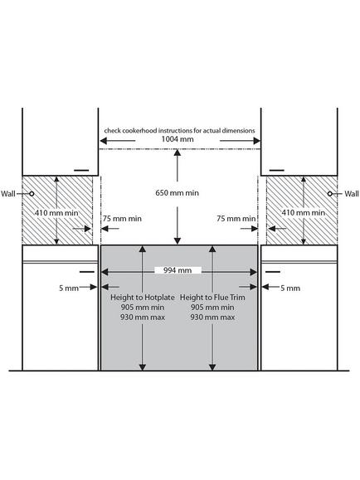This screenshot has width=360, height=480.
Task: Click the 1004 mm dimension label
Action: (x=178, y=139)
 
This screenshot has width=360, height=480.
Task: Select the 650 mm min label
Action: (x=177, y=193)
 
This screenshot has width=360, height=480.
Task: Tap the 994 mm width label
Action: (x=178, y=270)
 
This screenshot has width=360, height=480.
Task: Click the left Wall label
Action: (x=8, y=194)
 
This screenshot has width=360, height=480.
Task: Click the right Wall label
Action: (x=352, y=194)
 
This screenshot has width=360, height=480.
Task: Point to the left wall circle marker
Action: (x=32, y=194)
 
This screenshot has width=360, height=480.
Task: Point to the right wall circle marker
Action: (x=330, y=194)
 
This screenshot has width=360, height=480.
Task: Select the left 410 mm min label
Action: (x=56, y=213)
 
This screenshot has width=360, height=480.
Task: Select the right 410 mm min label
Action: (x=304, y=212)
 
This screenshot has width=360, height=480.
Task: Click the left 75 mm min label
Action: (x=122, y=219)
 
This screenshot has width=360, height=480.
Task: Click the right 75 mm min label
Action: (x=236, y=219)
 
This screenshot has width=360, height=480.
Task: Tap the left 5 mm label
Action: (x=69, y=288)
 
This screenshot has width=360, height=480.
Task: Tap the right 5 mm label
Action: (x=290, y=288)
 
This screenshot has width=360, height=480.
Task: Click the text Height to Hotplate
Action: (x=143, y=298)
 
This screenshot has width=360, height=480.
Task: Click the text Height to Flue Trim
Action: (x=212, y=298)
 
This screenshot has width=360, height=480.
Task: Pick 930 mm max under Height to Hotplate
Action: (x=143, y=318)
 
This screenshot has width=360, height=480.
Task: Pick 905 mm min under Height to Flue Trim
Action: (x=212, y=308)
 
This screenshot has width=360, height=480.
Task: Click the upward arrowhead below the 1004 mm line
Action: (x=177, y=153)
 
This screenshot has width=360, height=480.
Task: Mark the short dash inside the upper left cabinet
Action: (x=81, y=170)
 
